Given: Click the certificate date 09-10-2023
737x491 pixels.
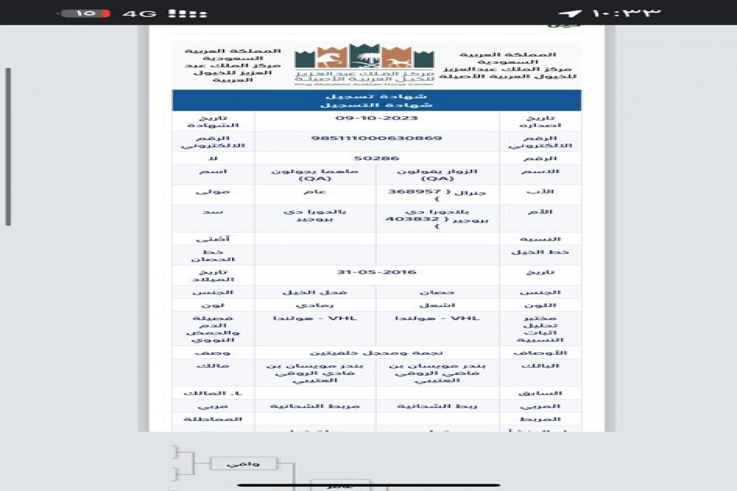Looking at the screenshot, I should tap(376, 118).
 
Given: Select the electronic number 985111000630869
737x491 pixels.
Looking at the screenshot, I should tap(376, 138).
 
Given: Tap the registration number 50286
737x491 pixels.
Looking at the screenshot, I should tap(376, 158).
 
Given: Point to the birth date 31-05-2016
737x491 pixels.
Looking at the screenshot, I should tap(376, 272).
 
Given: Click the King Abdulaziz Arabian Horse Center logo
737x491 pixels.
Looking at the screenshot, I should tap(364, 65).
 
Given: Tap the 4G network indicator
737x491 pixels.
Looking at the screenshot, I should tap(139, 13).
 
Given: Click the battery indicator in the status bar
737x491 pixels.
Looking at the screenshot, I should tap(86, 13).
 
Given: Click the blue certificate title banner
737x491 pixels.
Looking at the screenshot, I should tap(376, 100).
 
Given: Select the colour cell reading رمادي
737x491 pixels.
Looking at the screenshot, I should tap(315, 304).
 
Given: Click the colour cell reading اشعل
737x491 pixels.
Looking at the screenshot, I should tap(437, 304).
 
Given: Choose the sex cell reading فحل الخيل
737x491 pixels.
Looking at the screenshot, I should tap(315, 292).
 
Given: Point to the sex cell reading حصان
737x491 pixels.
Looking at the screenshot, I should tap(437, 292).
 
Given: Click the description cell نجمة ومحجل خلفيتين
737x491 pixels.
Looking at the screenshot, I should tap(376, 352).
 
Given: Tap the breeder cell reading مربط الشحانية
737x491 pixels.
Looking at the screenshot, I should tap(315, 406).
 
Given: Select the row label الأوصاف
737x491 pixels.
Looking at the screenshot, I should tap(540, 352).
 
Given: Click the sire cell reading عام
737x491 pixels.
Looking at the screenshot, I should tap(315, 191).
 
